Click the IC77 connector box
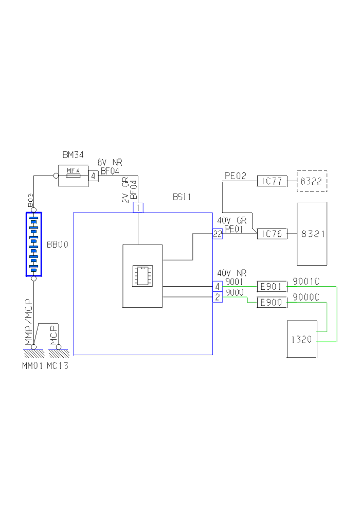click(272, 181)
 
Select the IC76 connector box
click(272, 234)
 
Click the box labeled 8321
click(312, 234)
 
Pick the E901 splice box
click(272, 287)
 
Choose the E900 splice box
click(272, 303)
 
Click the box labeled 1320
click(302, 339)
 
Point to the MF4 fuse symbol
click(74, 176)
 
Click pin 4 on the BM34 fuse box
click(94, 176)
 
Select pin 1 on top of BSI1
click(138, 207)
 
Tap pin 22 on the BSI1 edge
click(218, 234)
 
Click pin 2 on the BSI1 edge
click(218, 297)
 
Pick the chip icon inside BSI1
click(142, 275)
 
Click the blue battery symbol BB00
click(33, 244)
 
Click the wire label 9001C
click(306, 281)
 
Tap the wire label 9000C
click(306, 297)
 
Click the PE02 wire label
click(236, 176)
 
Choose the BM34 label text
click(73, 154)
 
